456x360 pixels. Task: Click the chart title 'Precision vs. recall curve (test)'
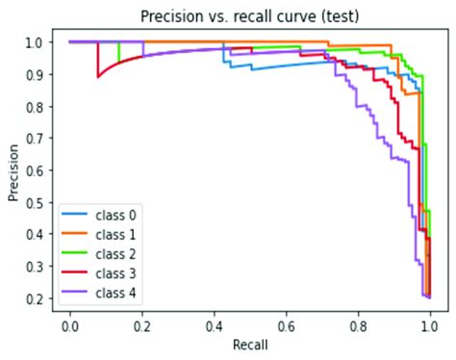click(x=244, y=16)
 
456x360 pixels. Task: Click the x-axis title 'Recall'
click(x=249, y=343)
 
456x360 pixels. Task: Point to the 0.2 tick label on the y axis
click(x=36, y=298)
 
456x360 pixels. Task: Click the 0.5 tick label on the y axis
click(x=36, y=202)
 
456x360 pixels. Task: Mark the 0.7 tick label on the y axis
click(x=36, y=138)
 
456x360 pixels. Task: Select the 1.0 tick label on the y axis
click(x=36, y=42)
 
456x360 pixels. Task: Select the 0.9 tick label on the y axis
click(x=36, y=74)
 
